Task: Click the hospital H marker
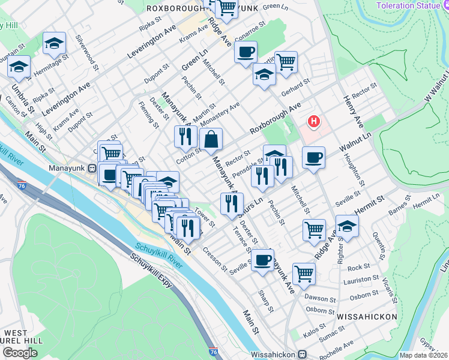click(x=313, y=122)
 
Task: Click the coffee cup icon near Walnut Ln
click(x=313, y=158)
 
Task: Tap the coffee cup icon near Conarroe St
click(x=246, y=53)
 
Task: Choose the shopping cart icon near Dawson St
click(x=304, y=273)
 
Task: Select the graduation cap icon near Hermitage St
click(x=54, y=43)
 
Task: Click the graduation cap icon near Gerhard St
click(x=264, y=76)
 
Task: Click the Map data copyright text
click(x=423, y=355)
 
